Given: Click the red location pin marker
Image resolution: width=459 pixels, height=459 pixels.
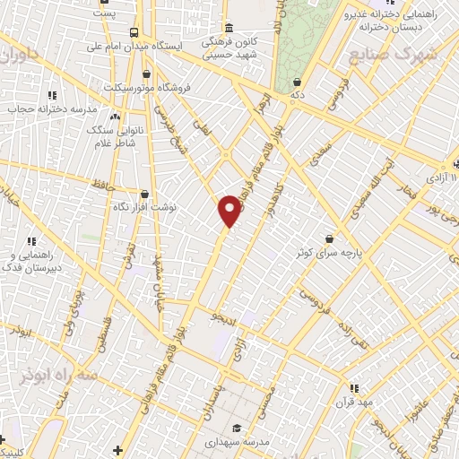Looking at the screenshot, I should pyautogui.click(x=230, y=210).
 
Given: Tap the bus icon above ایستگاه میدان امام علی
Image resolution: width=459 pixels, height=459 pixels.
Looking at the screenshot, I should pyautogui.click(x=134, y=30).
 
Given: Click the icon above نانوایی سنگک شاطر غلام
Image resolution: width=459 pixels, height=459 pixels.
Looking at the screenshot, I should pyautogui.click(x=114, y=117).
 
